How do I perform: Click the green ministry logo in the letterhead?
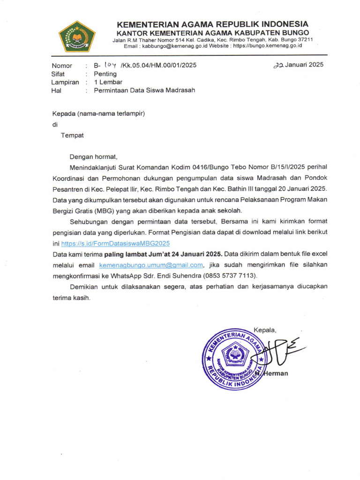pos(77,36)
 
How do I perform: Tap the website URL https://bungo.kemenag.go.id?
pos(267,46)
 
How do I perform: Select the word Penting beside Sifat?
pos(105,74)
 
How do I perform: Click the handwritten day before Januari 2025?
pos(279,66)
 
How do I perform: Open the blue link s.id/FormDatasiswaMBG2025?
pos(116,243)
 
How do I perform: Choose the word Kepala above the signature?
pos(265,330)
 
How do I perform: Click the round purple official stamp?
pos(232,357)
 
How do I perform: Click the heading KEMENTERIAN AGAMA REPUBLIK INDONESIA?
pos(212,24)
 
